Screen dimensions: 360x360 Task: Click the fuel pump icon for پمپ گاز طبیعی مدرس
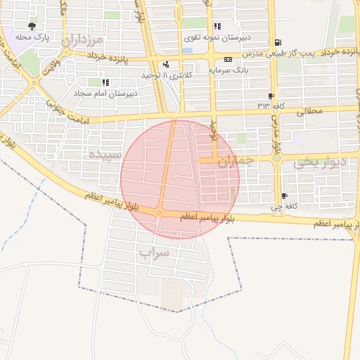tap(279, 42)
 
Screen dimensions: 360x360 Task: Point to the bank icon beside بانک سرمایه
tap(228, 61)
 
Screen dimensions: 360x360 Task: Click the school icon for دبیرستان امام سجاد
tap(105, 82)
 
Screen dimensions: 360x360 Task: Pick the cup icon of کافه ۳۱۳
tap(271, 96)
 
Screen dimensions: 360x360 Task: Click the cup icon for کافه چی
tap(284, 195)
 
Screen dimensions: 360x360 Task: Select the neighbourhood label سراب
tap(154, 251)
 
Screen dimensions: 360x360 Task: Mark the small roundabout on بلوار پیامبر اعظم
tap(160, 212)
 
